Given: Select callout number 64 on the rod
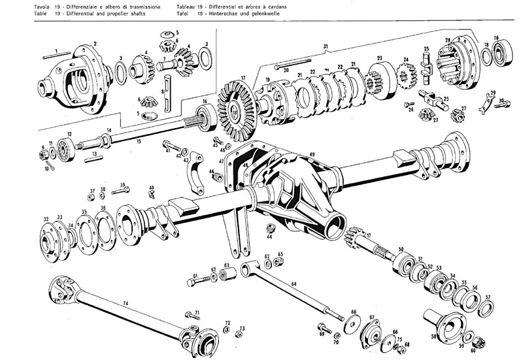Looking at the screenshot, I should click(294, 284).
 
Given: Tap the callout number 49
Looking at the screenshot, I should click(312, 154).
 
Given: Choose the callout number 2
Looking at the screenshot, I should click(95, 44).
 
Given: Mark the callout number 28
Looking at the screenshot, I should click(448, 41).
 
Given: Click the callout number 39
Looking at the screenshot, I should click(122, 186).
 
